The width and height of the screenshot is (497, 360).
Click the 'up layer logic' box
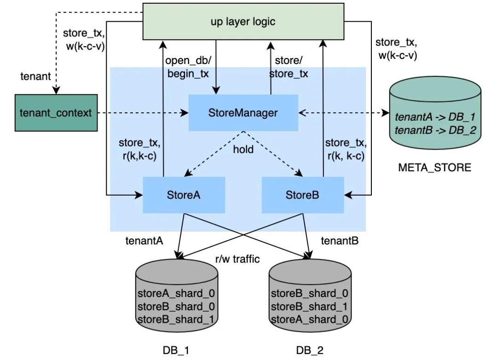click(x=243, y=21)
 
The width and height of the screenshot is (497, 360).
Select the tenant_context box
click(x=56, y=113)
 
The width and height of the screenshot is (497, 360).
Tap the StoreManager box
click(x=243, y=112)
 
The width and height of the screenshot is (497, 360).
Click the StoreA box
click(x=184, y=194)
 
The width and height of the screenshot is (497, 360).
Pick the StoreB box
click(x=303, y=194)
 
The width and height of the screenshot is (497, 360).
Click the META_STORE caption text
click(x=434, y=167)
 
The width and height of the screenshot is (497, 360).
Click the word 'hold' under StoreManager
click(x=243, y=150)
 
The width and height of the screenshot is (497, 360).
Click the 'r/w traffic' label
click(x=238, y=259)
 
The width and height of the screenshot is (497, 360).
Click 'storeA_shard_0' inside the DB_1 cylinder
click(x=176, y=294)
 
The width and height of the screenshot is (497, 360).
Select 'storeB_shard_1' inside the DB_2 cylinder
click(x=309, y=307)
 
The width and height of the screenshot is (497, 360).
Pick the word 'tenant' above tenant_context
click(x=35, y=76)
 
